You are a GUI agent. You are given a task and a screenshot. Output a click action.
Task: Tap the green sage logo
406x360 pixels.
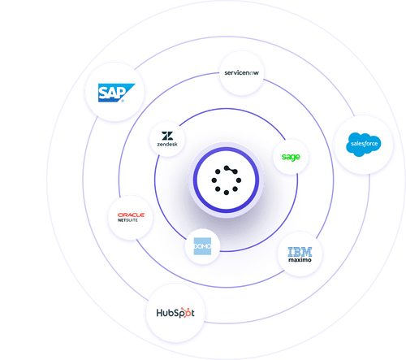tap(290, 156)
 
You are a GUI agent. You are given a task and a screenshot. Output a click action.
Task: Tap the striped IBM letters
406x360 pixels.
tap(300, 249)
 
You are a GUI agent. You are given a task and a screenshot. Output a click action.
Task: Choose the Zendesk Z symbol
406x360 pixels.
tap(167, 136)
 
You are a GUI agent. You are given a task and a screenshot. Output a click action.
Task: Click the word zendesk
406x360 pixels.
tap(167, 146)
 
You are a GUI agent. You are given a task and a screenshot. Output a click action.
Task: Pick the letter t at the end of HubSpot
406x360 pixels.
tap(192, 313)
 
